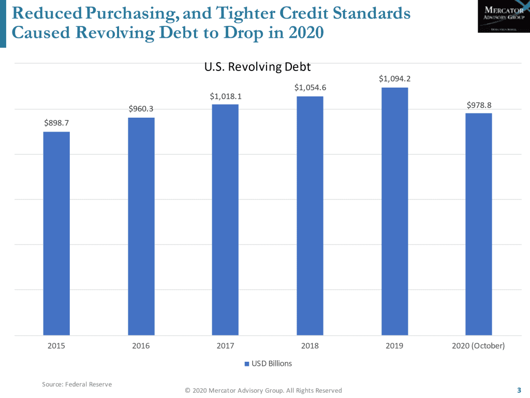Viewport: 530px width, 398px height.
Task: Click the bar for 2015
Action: [56, 233]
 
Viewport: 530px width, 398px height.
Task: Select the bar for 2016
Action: [141, 226]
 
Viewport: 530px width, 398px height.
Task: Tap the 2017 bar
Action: [225, 220]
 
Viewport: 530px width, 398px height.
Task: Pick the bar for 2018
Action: [310, 216]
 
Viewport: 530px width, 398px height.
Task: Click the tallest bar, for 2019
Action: [395, 211]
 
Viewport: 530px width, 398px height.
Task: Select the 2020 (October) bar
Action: [479, 224]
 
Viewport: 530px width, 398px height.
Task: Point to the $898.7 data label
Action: [56, 123]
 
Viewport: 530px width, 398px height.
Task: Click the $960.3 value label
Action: [141, 109]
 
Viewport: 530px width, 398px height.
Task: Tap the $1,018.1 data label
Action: [225, 96]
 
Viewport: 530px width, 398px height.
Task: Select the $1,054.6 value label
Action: [310, 88]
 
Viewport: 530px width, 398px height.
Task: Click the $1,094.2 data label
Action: [395, 79]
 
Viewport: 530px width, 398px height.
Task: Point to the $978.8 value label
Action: [479, 105]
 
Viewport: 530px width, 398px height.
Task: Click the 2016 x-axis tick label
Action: [141, 346]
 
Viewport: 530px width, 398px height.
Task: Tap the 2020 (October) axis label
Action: [479, 346]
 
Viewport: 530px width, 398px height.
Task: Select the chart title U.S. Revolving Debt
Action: [257, 67]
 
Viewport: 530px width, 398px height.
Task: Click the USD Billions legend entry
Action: [268, 364]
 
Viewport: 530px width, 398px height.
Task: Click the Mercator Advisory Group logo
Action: [500, 17]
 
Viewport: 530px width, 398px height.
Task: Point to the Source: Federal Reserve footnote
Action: [77, 385]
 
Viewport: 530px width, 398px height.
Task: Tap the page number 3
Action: [519, 390]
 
